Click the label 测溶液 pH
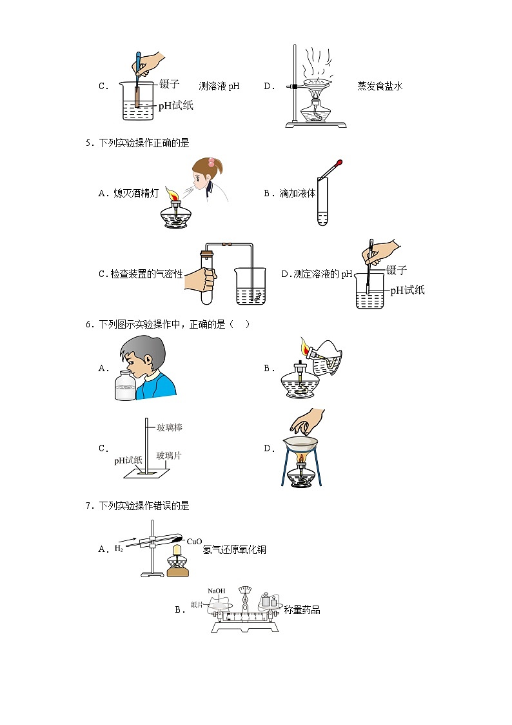coord(219,86)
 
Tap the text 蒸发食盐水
coord(380,86)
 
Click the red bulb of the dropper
coord(340,162)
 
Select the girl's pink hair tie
coord(212,162)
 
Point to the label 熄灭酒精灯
coord(135,193)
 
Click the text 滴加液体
coord(297,193)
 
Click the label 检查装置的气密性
coord(146,274)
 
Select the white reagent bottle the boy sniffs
coord(124,385)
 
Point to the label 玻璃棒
coord(170,427)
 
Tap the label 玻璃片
coord(169,456)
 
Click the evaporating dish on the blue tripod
coord(301,443)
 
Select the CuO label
coord(194,542)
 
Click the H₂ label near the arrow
coord(119,548)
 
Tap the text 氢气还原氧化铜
coord(235,549)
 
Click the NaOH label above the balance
coord(217,591)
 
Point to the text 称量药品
coord(302,610)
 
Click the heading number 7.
coord(88,506)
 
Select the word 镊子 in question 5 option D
coord(396,270)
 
